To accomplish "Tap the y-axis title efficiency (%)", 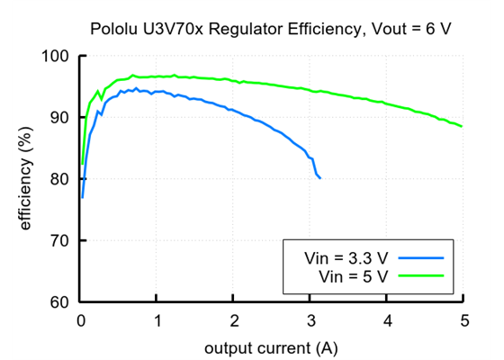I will click(26, 180).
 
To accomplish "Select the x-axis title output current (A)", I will click(271, 346).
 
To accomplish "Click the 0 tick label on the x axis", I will click(81, 319).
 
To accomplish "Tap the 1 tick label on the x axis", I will click(157, 319).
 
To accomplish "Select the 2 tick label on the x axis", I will click(234, 319).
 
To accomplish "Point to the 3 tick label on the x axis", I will click(310, 319).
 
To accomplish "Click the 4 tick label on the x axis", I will click(387, 319).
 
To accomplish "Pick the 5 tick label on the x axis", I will click(463, 319).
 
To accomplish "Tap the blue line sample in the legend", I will click(423, 257).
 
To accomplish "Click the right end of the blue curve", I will click(319, 178).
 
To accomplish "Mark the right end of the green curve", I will click(463, 127).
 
